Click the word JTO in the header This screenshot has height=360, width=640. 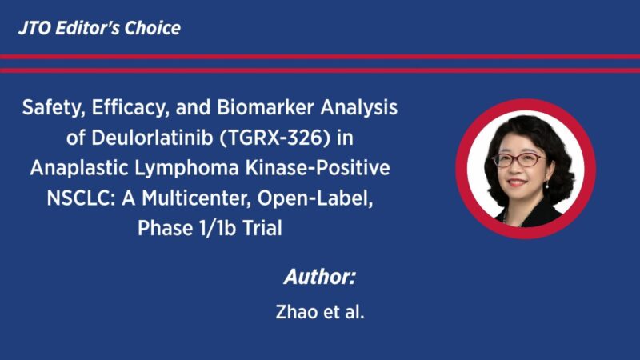(x=34, y=28)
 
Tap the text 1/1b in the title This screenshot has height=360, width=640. (x=210, y=228)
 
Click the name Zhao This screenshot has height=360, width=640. (x=295, y=311)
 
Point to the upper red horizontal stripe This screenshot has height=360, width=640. (x=320, y=56)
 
